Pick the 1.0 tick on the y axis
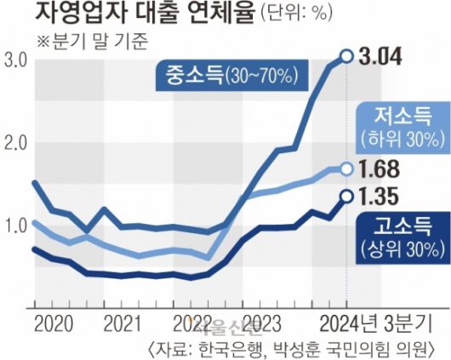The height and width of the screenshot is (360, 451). point(14,226)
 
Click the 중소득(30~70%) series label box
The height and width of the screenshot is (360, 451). point(226,77)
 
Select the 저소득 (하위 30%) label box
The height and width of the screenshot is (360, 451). point(402,124)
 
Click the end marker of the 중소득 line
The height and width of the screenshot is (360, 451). point(346,56)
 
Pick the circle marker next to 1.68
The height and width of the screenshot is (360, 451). point(346,169)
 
